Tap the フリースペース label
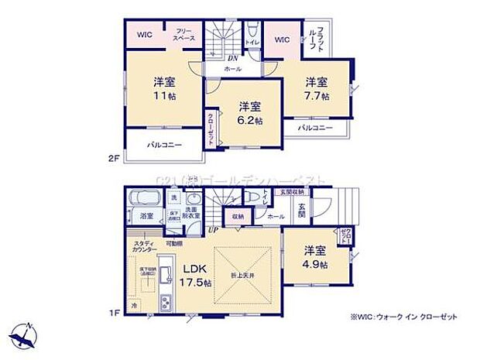[183, 34]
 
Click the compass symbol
[23, 335]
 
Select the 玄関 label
[303, 209]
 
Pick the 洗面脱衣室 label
[193, 211]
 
